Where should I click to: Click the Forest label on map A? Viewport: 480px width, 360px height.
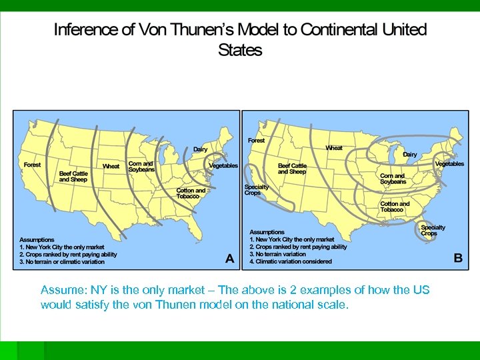click(32, 165)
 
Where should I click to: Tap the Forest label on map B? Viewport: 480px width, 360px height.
click(256, 141)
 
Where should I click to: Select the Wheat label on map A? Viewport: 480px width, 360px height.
click(111, 166)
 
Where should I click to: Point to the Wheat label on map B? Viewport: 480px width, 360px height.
click(334, 147)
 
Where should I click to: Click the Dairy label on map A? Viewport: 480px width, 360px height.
click(200, 149)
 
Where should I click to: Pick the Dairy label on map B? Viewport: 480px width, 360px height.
click(409, 154)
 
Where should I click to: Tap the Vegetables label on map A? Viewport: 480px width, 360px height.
click(223, 165)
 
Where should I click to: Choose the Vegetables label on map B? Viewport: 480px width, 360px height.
click(449, 163)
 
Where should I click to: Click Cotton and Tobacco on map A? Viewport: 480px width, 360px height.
click(191, 193)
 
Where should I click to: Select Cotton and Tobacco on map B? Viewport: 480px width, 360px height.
click(395, 206)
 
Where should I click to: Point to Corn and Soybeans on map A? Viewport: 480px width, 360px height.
click(141, 166)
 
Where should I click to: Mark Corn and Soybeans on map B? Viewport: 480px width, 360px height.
click(393, 179)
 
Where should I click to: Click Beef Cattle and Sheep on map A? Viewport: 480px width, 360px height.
click(73, 176)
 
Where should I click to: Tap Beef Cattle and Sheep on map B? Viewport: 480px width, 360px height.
click(292, 169)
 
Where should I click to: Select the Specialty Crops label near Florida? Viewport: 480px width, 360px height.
click(433, 230)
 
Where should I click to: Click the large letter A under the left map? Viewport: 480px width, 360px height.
click(230, 259)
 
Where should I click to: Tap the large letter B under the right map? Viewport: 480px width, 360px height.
click(457, 258)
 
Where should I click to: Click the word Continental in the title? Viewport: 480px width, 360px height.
click(343, 30)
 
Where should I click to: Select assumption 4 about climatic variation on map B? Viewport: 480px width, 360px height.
click(290, 261)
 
